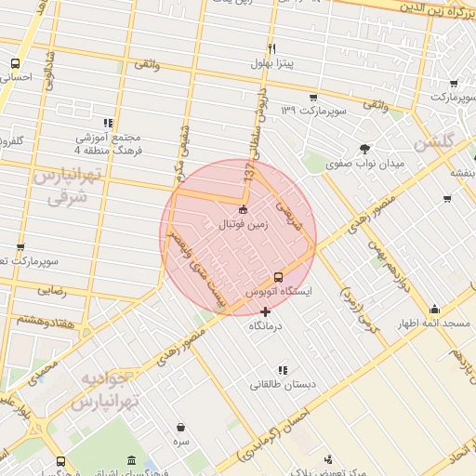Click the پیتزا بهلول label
pos(271,64)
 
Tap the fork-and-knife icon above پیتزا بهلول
pos(271,48)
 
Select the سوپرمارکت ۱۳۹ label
pos(314,111)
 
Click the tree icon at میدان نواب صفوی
pos(364,149)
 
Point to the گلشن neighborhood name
pos(433,143)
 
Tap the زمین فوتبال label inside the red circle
pos(243,224)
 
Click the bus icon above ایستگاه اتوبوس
pos(278,277)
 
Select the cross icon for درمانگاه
pos(267,311)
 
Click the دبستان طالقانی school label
pos(283,383)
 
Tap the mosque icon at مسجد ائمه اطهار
pos(434,310)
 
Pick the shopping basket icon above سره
pos(179,428)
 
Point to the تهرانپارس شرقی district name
pos(61,186)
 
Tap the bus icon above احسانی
pos(15,63)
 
